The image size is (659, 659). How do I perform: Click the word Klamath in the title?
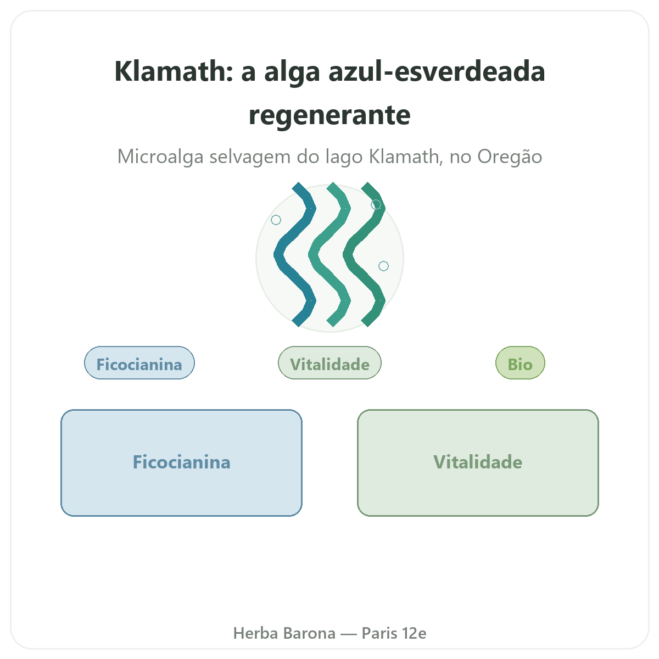174,71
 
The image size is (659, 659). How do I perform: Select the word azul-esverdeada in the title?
437,71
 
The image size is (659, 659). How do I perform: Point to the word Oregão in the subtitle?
510,157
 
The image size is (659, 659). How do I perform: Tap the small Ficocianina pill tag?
139,362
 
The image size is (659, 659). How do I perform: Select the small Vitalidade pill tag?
329,362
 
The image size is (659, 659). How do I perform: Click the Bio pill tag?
520,362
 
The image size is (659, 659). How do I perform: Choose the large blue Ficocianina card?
181,462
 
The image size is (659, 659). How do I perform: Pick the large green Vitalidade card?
478,462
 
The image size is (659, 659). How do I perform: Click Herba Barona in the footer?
284,633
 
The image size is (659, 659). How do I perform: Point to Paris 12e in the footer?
394,633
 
